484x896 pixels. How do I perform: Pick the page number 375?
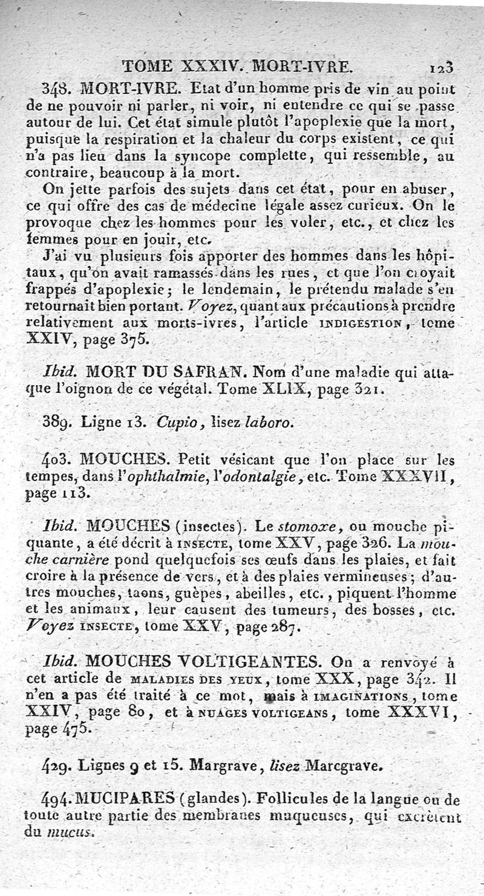click(x=129, y=339)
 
